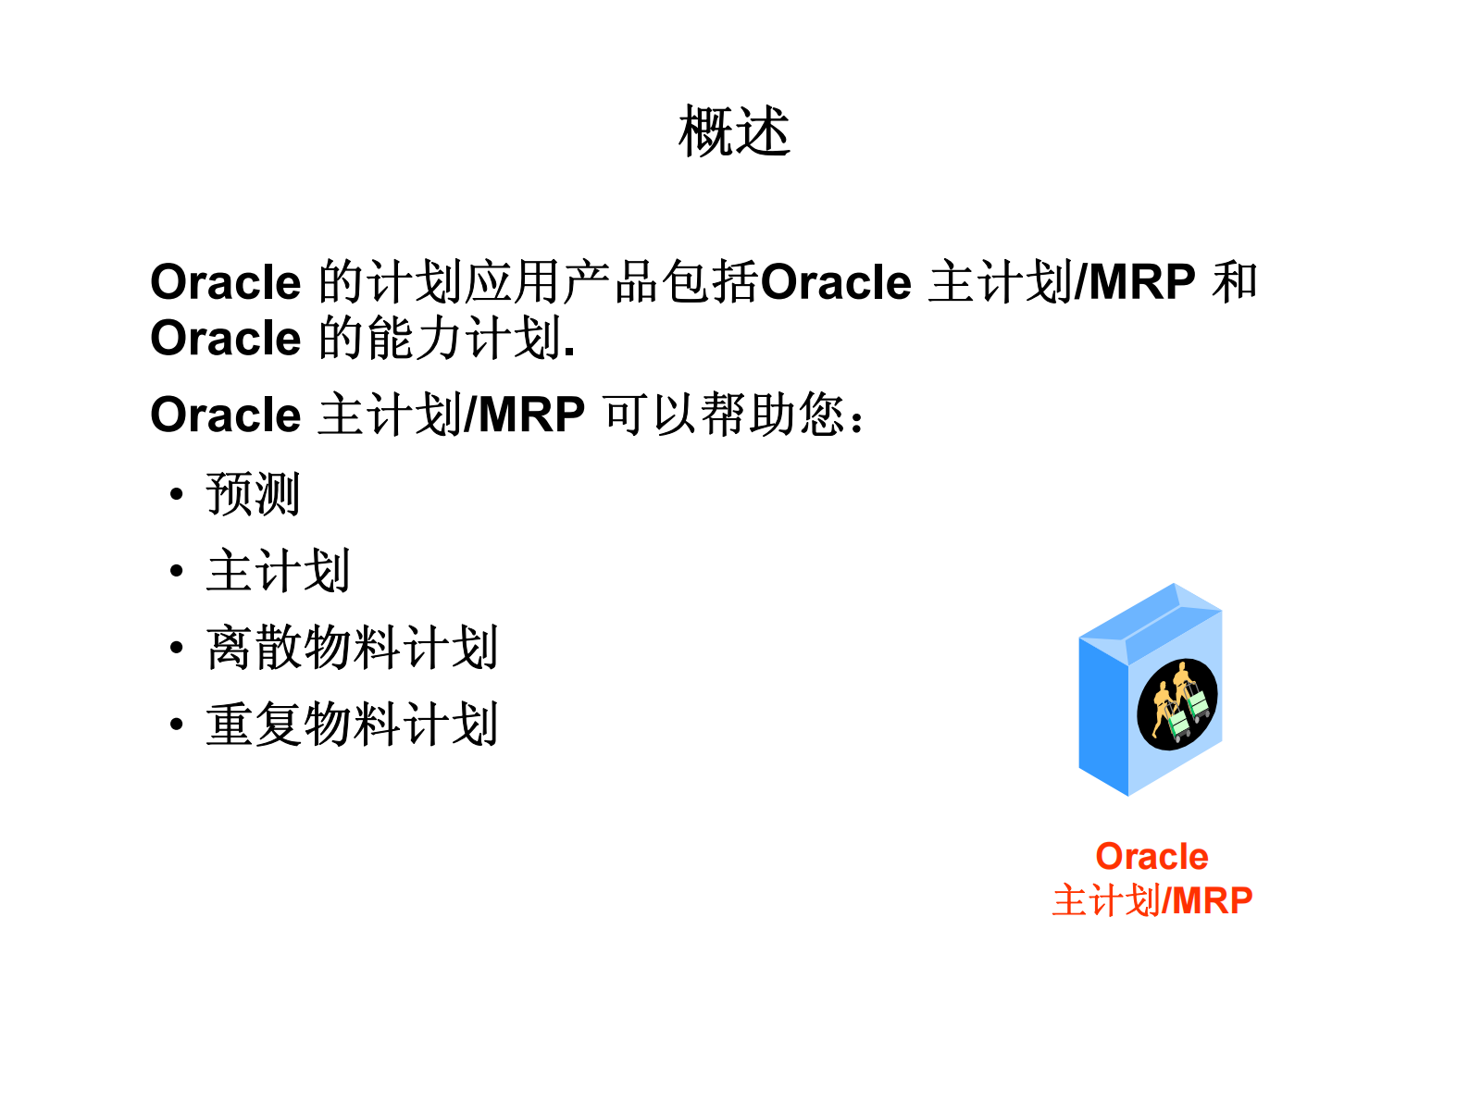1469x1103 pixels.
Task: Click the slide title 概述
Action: [734, 131]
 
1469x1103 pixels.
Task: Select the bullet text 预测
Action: [253, 494]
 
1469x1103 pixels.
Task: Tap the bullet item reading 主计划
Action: [278, 571]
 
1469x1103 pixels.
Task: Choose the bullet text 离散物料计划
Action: [352, 648]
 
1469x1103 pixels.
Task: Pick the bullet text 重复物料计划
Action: [352, 725]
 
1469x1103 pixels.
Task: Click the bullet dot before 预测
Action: [177, 495]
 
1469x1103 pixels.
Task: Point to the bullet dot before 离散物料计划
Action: [177, 649]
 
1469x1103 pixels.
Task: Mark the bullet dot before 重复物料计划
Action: [177, 725]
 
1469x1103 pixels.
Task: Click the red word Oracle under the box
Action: [1152, 857]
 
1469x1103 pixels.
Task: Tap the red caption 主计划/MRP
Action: [1152, 900]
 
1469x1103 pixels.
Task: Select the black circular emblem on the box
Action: [1176, 704]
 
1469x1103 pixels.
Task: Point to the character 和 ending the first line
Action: [1235, 282]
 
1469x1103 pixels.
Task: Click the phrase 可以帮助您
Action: [724, 415]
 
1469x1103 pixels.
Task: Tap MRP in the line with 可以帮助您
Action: [531, 415]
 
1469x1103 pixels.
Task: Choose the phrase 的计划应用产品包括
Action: [539, 282]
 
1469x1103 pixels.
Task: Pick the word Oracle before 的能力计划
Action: [225, 339]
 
